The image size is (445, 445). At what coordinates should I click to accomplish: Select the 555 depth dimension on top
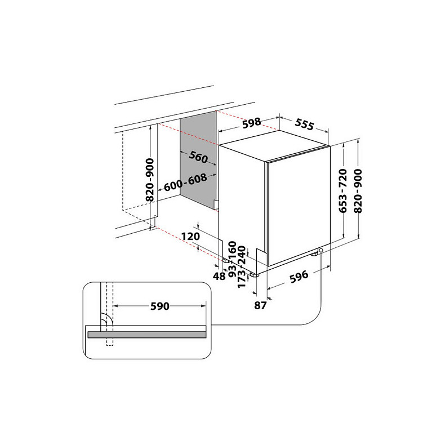304,126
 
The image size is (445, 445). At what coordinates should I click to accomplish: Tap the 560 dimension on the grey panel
198,158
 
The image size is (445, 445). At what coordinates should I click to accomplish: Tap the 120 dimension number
192,237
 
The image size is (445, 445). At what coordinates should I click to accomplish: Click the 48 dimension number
220,276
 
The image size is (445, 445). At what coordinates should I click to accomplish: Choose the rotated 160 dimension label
231,250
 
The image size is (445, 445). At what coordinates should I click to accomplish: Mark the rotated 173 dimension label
243,277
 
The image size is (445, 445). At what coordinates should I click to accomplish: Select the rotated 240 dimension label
243,255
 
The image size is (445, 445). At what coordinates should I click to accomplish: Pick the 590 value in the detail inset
159,306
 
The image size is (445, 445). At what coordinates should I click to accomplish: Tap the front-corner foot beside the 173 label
255,274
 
